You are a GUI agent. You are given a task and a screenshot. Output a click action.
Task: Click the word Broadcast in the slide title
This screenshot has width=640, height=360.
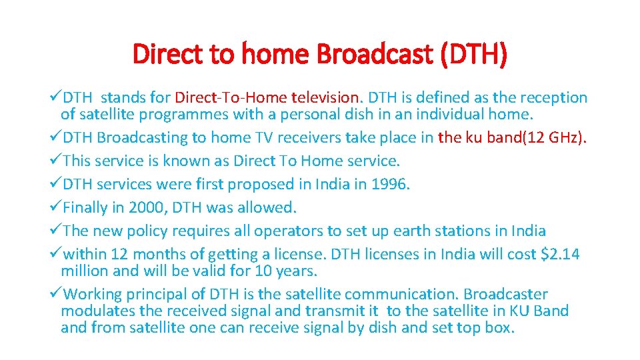(x=374, y=54)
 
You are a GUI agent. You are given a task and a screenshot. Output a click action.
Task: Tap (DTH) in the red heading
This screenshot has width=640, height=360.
(x=473, y=54)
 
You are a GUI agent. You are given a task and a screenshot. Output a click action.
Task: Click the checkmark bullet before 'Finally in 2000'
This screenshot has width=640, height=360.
(x=56, y=208)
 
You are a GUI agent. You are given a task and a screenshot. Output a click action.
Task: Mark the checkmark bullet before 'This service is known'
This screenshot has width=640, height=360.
(x=56, y=161)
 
